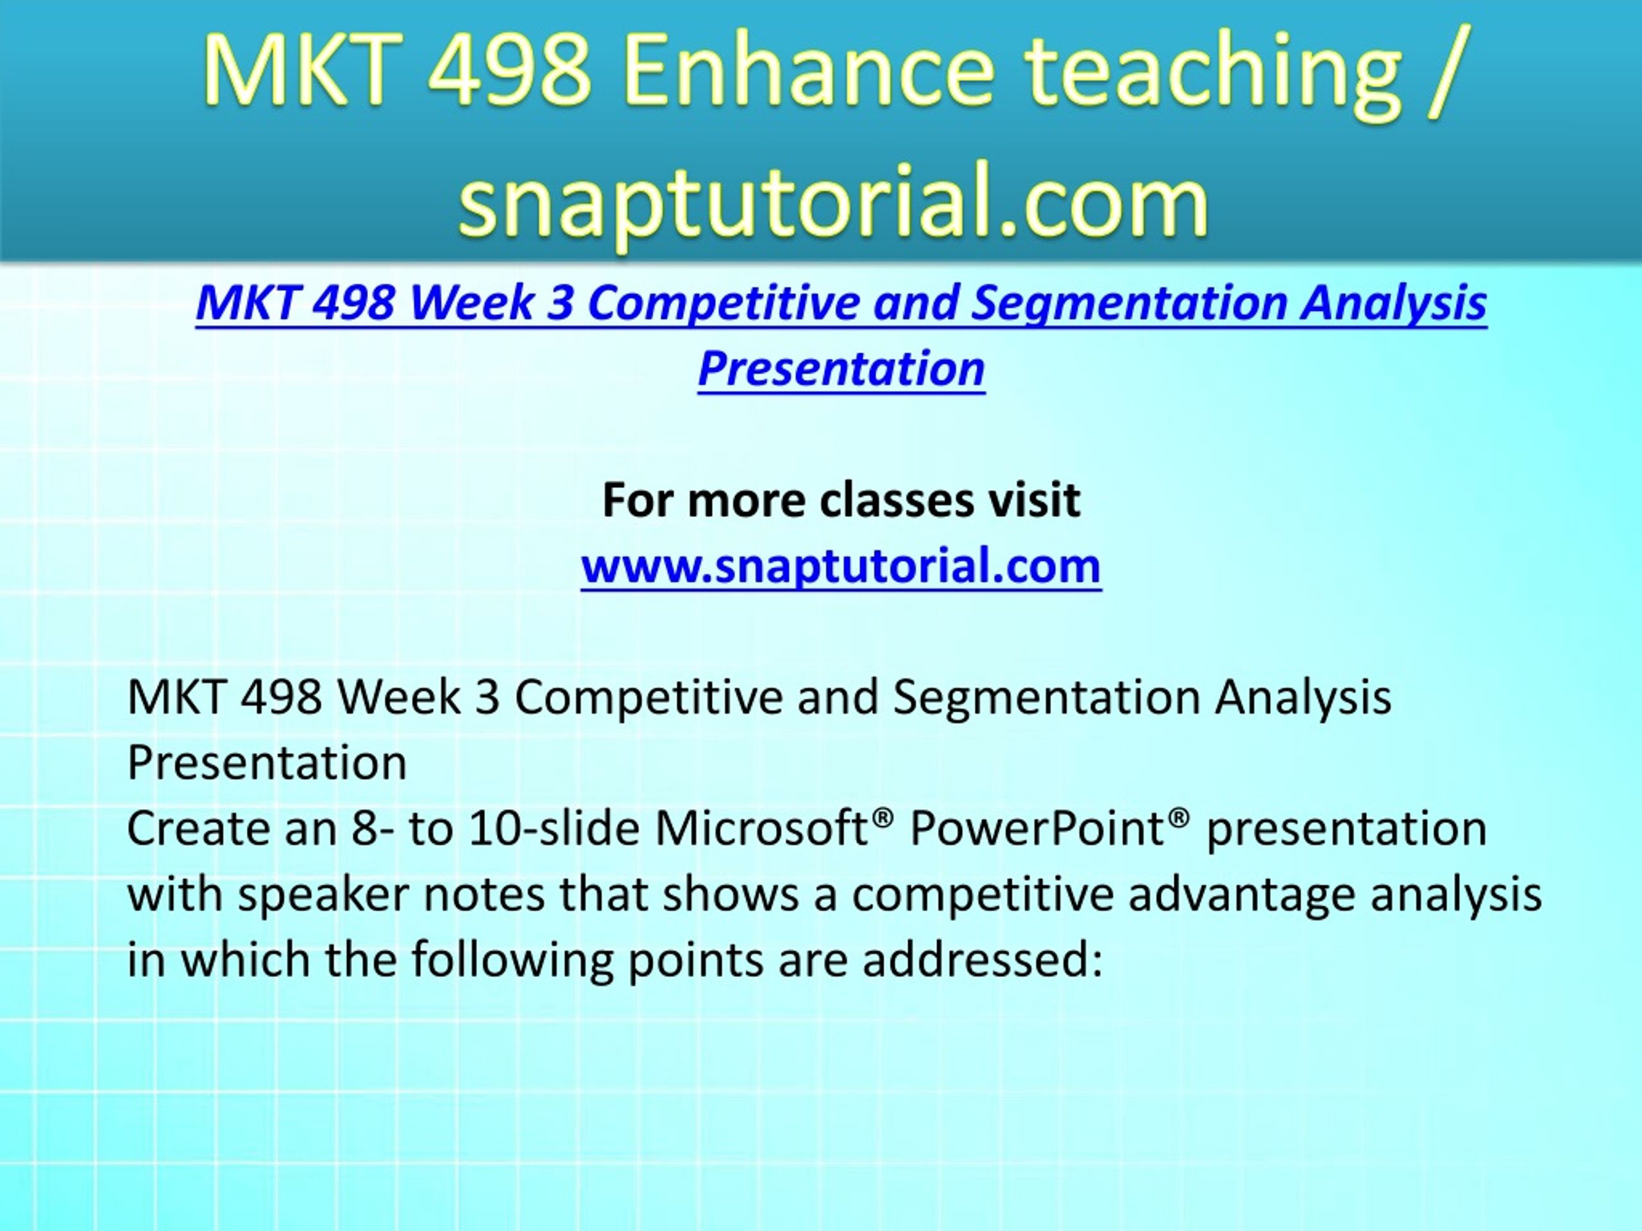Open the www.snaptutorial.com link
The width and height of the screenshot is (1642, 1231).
841,567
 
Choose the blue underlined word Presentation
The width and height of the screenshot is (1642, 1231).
841,369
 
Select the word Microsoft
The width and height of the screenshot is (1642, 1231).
761,829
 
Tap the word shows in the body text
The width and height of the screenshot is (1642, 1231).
731,894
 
